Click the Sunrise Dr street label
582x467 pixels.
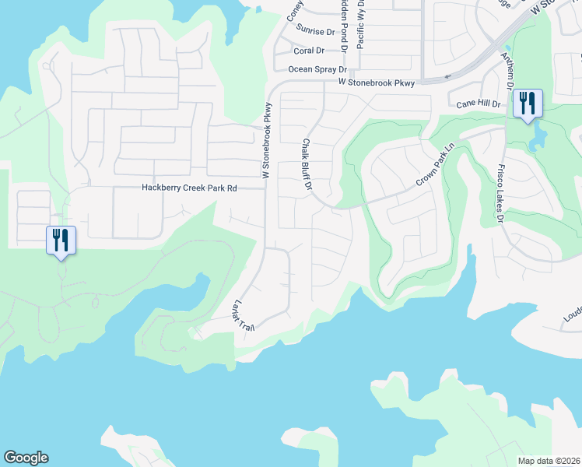click(x=314, y=32)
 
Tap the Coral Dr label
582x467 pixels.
click(x=309, y=51)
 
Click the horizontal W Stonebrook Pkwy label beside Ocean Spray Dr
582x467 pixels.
click(x=377, y=82)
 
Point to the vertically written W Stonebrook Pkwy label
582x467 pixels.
click(x=267, y=141)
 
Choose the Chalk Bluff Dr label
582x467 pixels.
click(x=307, y=165)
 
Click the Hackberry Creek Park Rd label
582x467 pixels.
click(x=188, y=188)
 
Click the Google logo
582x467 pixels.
click(x=26, y=458)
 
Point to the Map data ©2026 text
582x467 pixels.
click(x=549, y=461)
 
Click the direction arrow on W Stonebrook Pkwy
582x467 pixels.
click(x=446, y=77)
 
